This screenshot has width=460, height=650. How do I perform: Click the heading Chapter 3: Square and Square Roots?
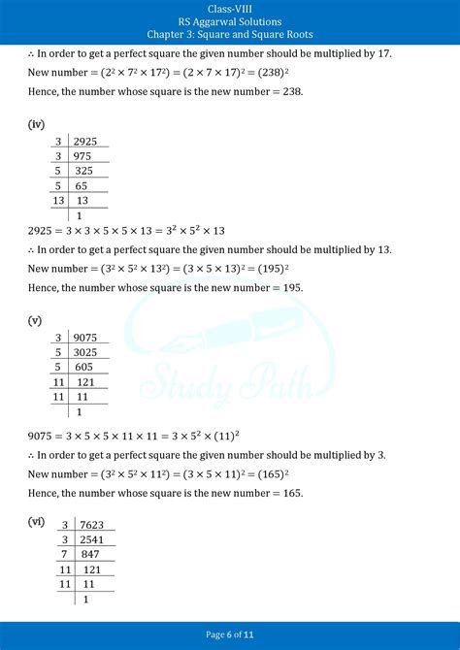[230, 35]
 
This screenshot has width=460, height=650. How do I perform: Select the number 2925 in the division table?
[85, 142]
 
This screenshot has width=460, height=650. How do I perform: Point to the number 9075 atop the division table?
[85, 340]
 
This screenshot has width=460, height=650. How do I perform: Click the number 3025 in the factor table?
[85, 354]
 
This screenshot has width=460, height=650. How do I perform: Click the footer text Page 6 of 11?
[230, 634]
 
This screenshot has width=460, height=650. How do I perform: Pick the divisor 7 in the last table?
[65, 555]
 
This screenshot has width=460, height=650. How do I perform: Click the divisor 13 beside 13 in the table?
[57, 201]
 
